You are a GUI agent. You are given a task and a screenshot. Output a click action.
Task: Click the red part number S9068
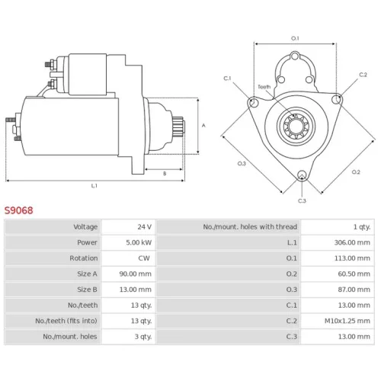pos(18,210)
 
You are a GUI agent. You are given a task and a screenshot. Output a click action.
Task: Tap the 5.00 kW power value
pos(139,242)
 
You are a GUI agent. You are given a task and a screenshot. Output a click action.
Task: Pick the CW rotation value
pos(144,258)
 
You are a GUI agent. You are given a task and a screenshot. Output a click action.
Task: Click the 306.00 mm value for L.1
pos(352,242)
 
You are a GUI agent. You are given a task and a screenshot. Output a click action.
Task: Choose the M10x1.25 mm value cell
pos(347,321)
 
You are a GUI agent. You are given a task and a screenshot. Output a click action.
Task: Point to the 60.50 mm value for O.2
pos(354,274)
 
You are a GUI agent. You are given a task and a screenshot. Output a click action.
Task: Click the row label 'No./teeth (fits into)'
pos(66,321)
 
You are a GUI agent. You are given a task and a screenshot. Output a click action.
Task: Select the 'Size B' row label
pos(87,290)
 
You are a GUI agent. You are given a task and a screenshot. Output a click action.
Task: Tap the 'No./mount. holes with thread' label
pos(250,226)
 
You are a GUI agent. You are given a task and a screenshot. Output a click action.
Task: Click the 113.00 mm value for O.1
pos(352,258)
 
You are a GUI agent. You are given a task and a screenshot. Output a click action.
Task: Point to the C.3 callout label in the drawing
pos(302,201)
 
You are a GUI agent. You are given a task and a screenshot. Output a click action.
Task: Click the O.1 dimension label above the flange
pos(295,38)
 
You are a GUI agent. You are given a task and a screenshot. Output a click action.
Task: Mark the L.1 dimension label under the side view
pos(94,186)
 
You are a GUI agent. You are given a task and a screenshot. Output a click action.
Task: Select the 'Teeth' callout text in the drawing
pos(264,87)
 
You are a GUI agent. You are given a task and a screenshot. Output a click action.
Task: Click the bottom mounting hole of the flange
pos(302,174)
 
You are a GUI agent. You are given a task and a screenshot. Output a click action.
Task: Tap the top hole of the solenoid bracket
pos(295,56)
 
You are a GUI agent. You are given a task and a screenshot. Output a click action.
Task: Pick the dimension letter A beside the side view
pos(203,125)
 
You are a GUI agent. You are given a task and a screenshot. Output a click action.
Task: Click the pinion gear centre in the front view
pos(296,126)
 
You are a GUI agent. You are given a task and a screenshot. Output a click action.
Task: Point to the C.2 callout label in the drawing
pos(363,75)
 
